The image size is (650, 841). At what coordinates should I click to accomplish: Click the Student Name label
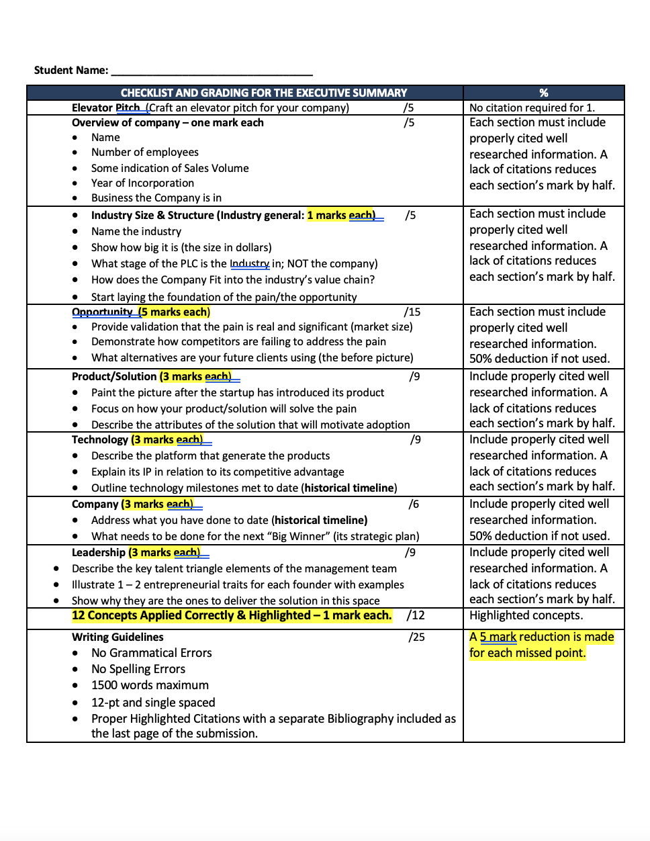point(71,70)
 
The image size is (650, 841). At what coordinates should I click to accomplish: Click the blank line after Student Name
point(212,71)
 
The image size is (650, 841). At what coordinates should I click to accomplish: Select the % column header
point(543,93)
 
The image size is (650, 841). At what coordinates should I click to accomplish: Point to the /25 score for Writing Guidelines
point(416,637)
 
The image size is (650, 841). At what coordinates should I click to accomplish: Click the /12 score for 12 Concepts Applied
point(415,615)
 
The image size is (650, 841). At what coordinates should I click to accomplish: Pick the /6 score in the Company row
point(413,504)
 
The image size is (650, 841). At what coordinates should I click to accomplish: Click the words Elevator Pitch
point(105,107)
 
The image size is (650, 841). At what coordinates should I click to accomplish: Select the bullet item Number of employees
point(144,152)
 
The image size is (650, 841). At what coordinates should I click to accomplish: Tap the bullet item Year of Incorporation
point(142,183)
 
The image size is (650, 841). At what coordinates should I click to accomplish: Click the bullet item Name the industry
point(136,231)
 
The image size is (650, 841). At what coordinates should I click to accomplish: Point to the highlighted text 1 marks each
point(340,216)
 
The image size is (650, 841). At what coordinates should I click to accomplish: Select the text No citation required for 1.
point(532,107)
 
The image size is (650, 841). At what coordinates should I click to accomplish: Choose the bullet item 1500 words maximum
point(150,685)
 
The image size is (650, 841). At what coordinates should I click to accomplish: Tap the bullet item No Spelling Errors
point(138,669)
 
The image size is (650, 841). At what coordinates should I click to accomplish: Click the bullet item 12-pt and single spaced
point(153,703)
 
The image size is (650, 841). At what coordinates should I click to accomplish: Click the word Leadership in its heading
point(99,552)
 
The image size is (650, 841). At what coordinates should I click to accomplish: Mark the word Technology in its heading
point(100,439)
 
